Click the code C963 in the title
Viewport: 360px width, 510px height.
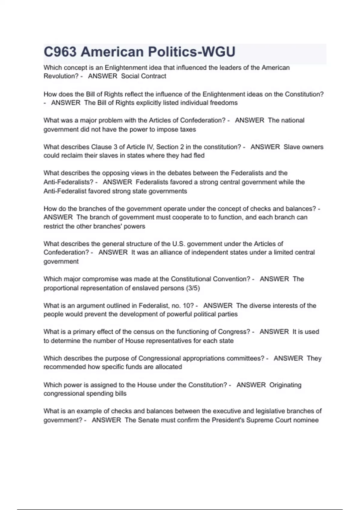[60, 52]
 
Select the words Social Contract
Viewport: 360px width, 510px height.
[143, 76]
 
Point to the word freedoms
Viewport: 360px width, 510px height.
[223, 103]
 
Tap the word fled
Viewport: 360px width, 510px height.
[199, 156]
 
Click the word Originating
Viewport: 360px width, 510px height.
[285, 385]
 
